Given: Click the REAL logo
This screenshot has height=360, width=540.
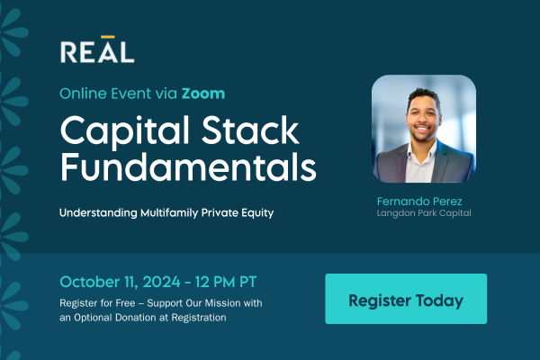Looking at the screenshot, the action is (x=97, y=49).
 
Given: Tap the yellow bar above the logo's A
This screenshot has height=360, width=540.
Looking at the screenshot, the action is (x=108, y=37).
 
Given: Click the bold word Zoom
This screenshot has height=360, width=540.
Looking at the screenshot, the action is (x=203, y=94).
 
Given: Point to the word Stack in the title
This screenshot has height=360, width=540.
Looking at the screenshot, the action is (x=250, y=130).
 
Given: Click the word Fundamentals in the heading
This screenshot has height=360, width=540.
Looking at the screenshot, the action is (x=188, y=166).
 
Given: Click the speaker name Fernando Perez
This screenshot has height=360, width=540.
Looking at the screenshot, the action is (x=419, y=202).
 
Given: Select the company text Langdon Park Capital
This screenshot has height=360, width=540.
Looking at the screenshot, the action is (x=424, y=213).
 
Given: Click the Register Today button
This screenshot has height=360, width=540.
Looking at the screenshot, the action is (x=406, y=299).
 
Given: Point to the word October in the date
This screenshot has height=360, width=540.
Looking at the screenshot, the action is (x=90, y=282).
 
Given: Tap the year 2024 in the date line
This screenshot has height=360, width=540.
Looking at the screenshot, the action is (x=161, y=282).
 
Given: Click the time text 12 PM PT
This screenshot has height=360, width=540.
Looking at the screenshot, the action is (x=226, y=282).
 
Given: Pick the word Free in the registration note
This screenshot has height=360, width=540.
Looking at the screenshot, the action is (x=125, y=303).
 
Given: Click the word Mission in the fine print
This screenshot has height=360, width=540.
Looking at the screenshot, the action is (x=222, y=303).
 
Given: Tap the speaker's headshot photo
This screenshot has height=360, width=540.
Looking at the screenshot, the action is (x=424, y=129).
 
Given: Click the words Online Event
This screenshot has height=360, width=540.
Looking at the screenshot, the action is (x=105, y=94).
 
